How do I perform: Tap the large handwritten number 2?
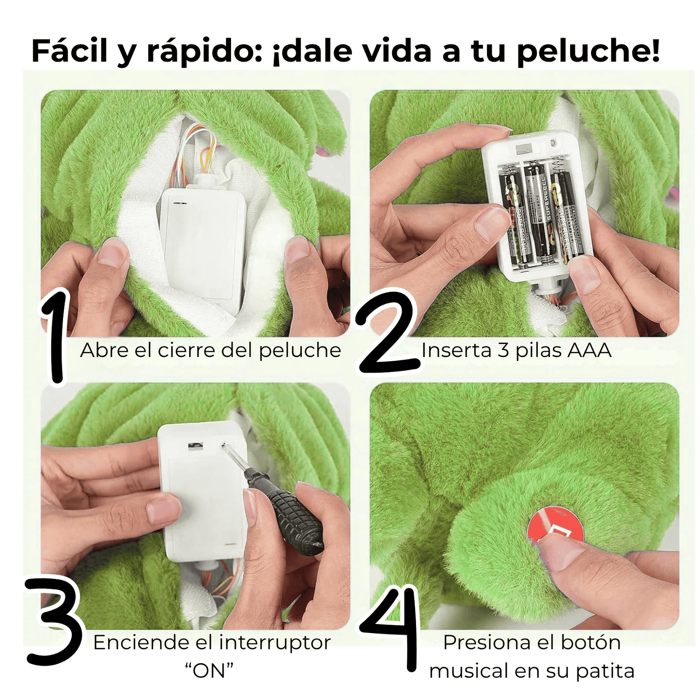[388, 334]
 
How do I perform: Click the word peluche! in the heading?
[588, 51]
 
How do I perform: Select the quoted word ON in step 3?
[209, 671]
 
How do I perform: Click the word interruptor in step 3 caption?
[275, 643]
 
